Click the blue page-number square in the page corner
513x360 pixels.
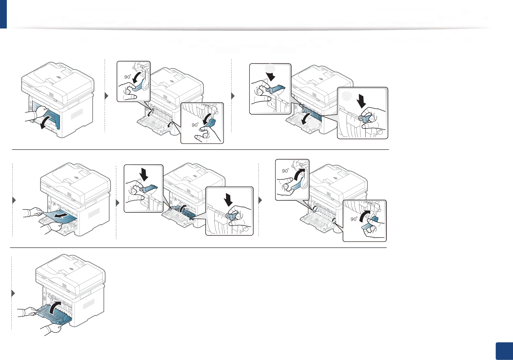(x=504, y=351)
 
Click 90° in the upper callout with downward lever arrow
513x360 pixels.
(x=128, y=77)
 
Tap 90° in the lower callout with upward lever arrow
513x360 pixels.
(x=354, y=219)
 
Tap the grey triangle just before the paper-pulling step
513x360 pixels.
(x=14, y=200)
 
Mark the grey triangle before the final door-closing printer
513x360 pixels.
(x=13, y=293)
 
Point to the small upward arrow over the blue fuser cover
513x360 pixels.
(x=184, y=207)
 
